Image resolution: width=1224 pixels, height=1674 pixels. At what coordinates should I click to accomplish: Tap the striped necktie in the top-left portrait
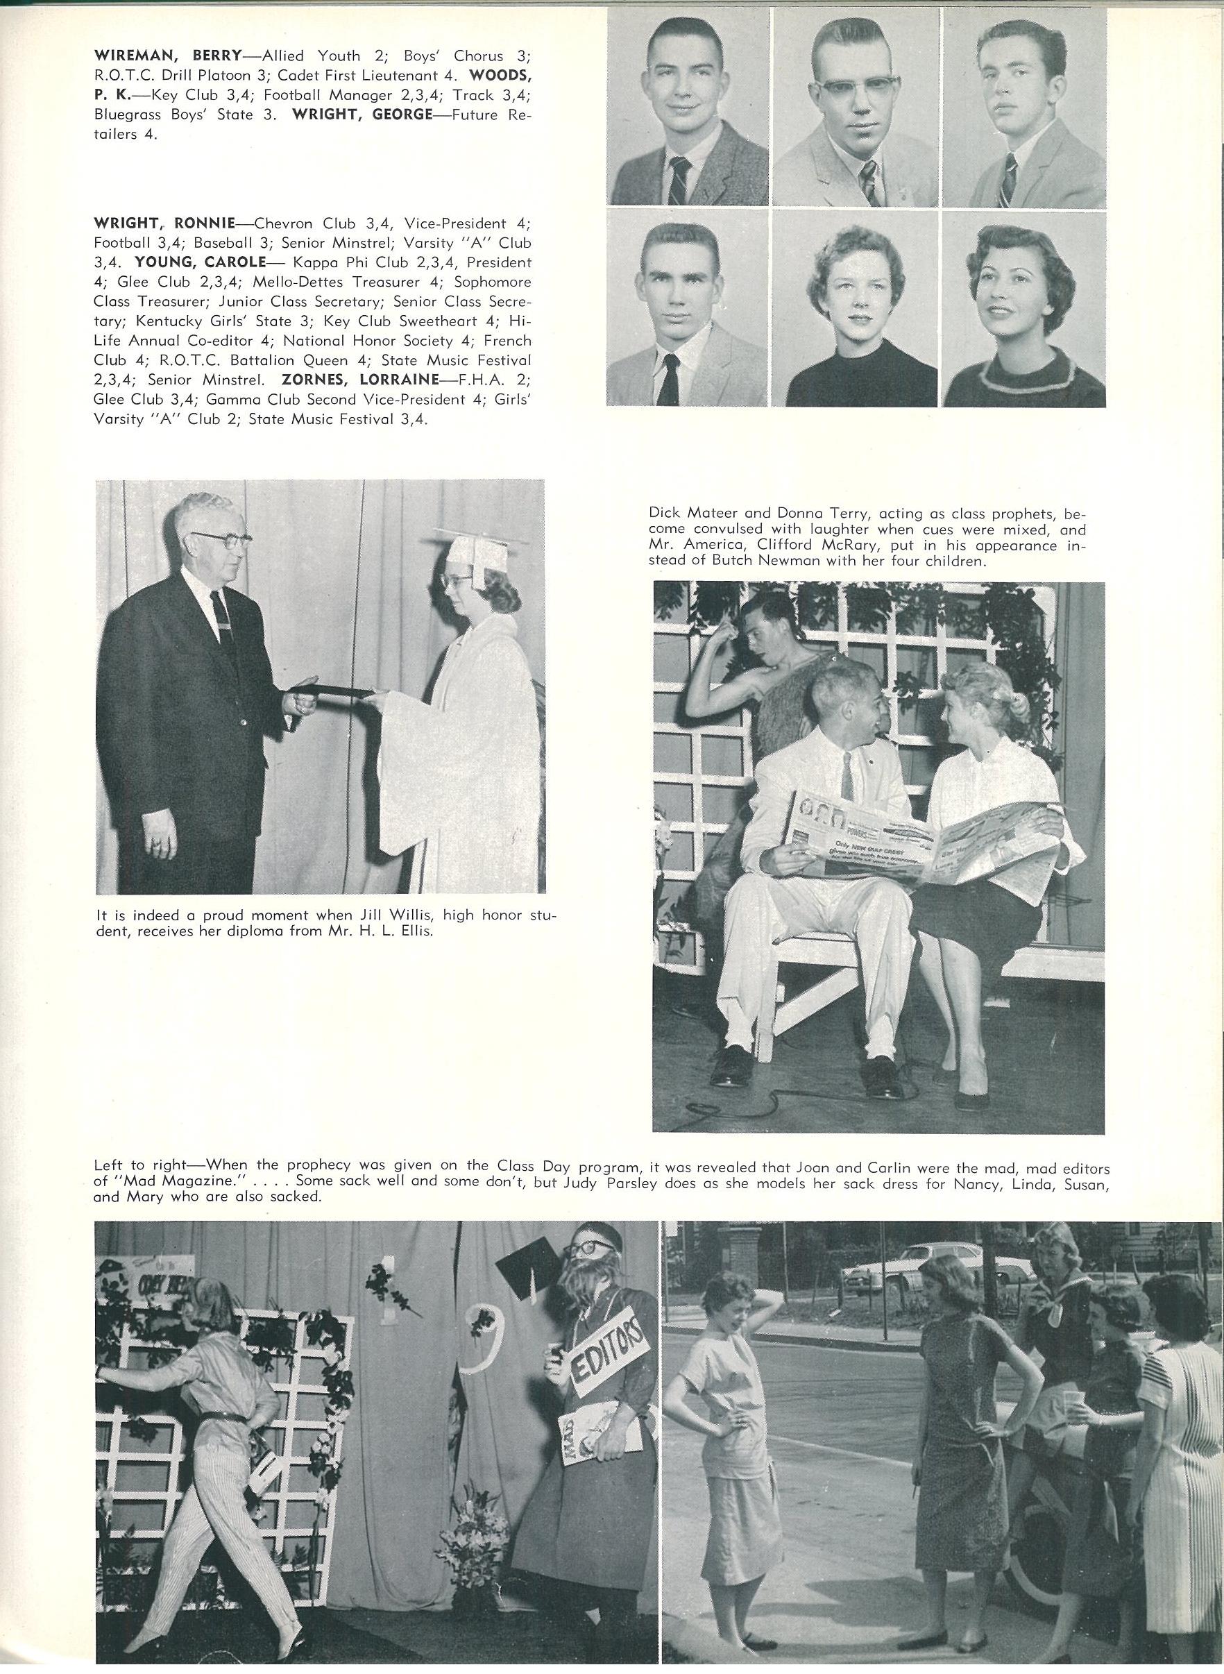click(x=679, y=180)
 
